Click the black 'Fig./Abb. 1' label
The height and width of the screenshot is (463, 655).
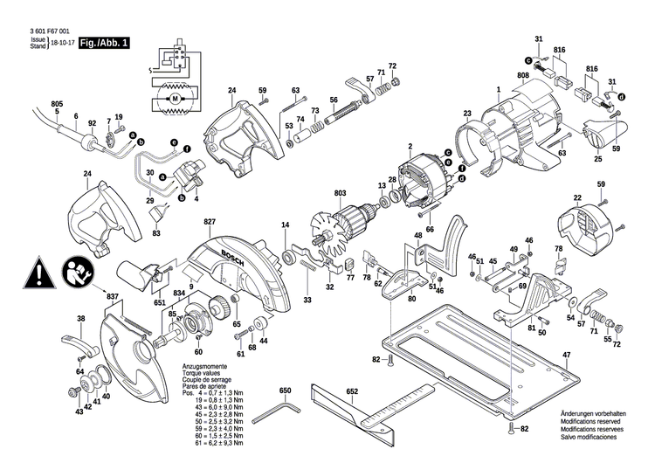point(102,43)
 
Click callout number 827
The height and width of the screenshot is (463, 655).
point(210,224)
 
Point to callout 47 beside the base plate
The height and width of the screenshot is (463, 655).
point(565,355)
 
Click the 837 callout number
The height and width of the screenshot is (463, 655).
point(113,296)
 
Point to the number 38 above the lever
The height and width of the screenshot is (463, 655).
point(81,318)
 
